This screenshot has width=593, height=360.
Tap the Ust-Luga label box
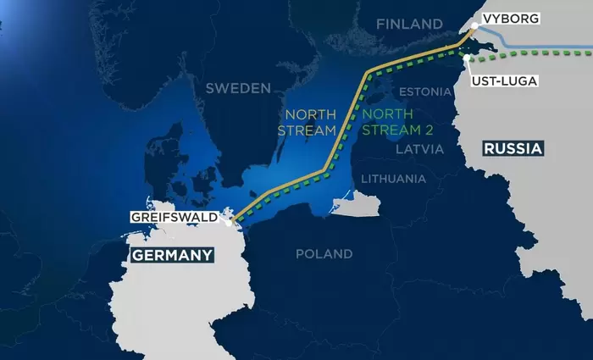click(x=510, y=80)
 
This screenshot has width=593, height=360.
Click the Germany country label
click(x=171, y=255)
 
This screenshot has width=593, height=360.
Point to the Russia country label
click(x=513, y=149)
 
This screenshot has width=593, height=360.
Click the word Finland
click(x=409, y=24)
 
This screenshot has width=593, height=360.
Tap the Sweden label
click(x=238, y=88)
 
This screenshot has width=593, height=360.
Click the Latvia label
click(x=418, y=149)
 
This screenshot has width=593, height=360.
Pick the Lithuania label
click(x=393, y=179)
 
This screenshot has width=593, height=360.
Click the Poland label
click(x=324, y=253)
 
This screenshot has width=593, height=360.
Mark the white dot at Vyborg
click(x=474, y=29)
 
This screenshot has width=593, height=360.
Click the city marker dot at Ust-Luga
click(x=467, y=57)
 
